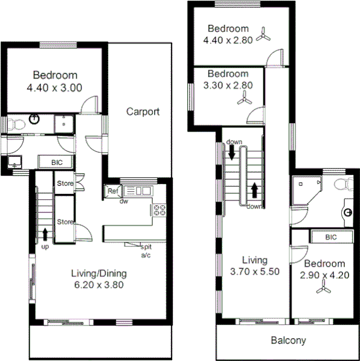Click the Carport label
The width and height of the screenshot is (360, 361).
143,111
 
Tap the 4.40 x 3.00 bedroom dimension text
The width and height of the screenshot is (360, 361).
54,88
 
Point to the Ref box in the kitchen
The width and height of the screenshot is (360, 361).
112,191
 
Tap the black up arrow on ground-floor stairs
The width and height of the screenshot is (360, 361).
45,232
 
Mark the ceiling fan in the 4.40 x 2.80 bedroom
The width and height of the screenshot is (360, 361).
262,36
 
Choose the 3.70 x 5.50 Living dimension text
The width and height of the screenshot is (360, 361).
254,272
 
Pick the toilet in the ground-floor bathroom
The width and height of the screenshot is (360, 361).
16,124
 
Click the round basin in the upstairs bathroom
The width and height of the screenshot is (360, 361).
349,212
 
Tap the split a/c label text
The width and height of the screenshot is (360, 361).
146,251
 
